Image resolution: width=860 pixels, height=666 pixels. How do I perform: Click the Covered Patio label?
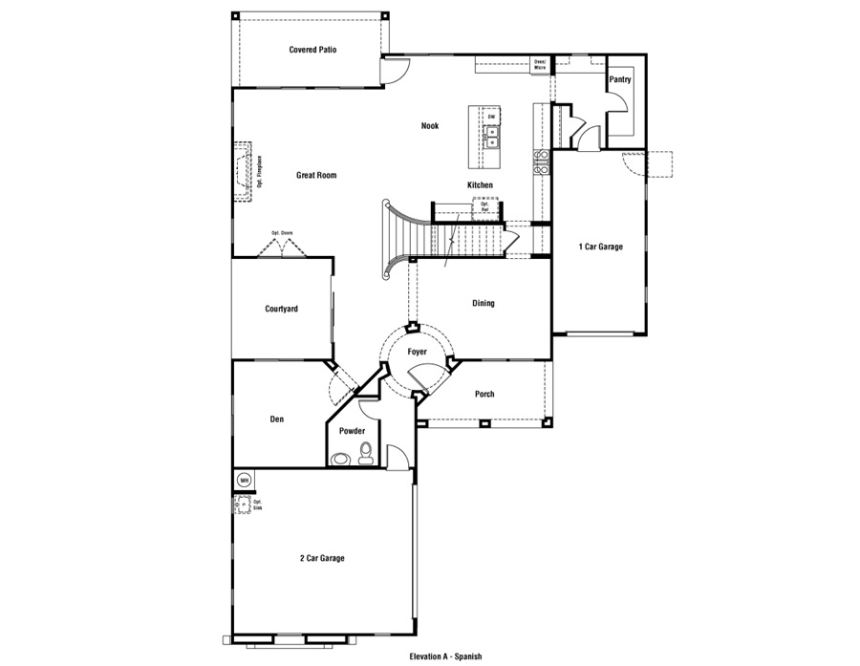tap(312, 50)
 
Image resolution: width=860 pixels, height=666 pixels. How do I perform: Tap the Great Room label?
tap(315, 176)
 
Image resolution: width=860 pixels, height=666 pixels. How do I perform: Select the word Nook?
tap(430, 125)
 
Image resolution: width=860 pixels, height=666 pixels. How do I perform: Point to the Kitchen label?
tap(480, 184)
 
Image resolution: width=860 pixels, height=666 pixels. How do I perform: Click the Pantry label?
tap(620, 80)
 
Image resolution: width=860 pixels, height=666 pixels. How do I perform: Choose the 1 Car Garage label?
tap(600, 247)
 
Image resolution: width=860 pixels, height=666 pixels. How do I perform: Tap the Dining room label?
tap(484, 304)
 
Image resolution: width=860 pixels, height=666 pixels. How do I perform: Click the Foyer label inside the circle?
tap(418, 353)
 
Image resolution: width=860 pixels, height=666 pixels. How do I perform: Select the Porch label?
tap(484, 394)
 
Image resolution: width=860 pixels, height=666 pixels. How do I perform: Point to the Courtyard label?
tap(282, 309)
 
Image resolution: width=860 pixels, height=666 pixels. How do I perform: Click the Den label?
tap(277, 419)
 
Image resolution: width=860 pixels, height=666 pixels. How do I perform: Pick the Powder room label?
tap(353, 431)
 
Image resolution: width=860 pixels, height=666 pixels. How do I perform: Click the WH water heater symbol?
tap(244, 480)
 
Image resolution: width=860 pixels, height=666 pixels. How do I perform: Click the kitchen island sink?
tap(491, 137)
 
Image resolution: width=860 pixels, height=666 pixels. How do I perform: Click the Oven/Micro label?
tap(541, 65)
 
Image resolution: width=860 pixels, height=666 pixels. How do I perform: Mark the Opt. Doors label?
tap(282, 232)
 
